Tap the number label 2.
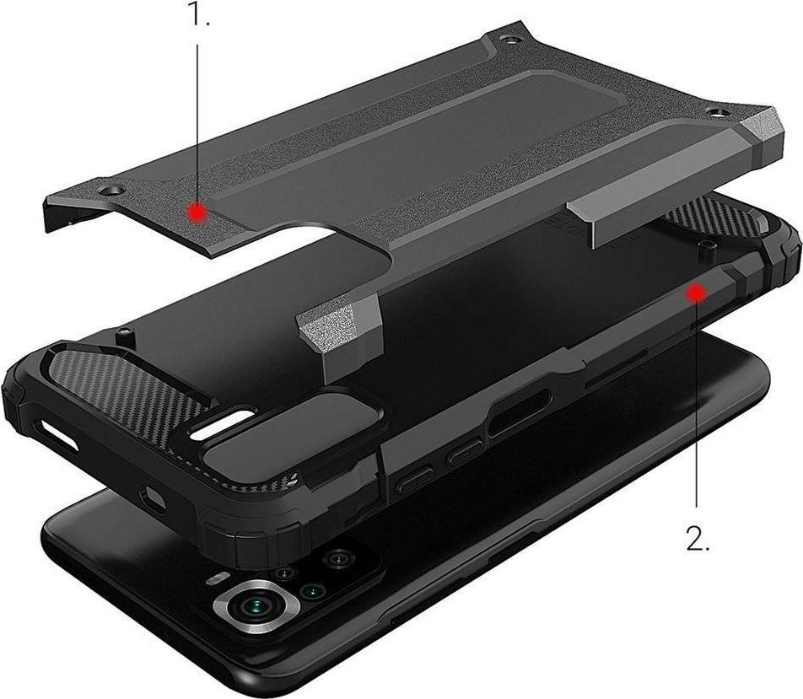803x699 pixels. [697, 539]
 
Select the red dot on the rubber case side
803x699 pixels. [696, 293]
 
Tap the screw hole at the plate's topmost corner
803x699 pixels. [506, 39]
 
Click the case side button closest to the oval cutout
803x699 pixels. [465, 456]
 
